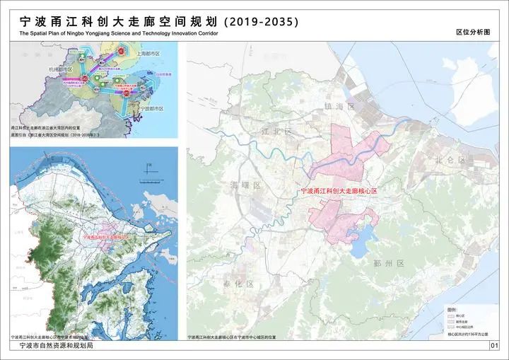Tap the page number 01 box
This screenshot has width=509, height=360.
(x=494, y=346)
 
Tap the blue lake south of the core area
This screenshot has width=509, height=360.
(x=361, y=244)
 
